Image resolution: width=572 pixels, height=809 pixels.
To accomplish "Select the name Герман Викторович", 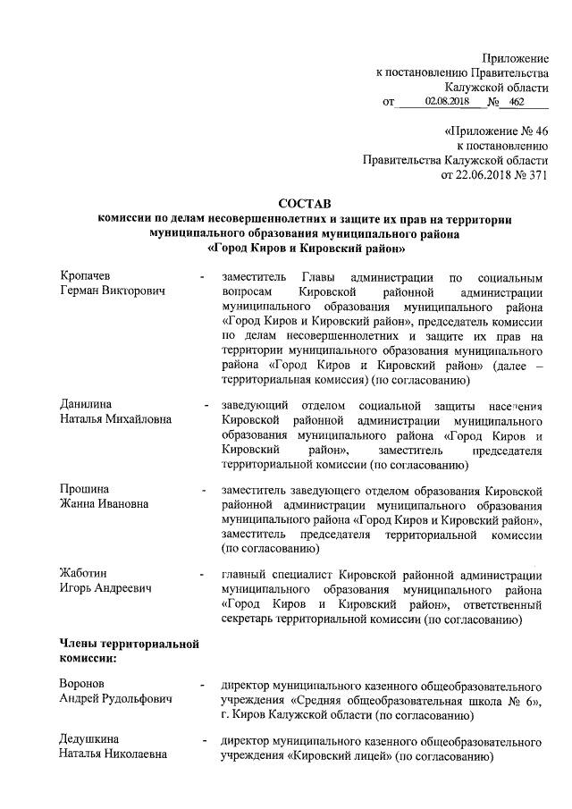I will click(112, 291).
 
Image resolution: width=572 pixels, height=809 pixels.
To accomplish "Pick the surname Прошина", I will click(84, 490).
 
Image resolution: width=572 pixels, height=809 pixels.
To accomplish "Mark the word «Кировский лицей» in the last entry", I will click(339, 755).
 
